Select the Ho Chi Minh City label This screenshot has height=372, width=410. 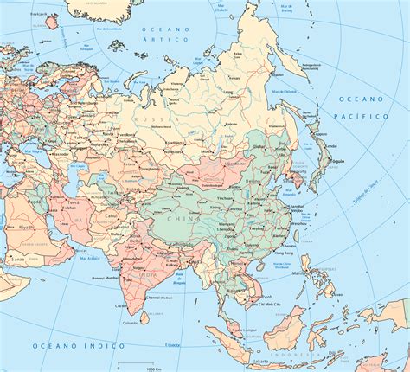268,305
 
